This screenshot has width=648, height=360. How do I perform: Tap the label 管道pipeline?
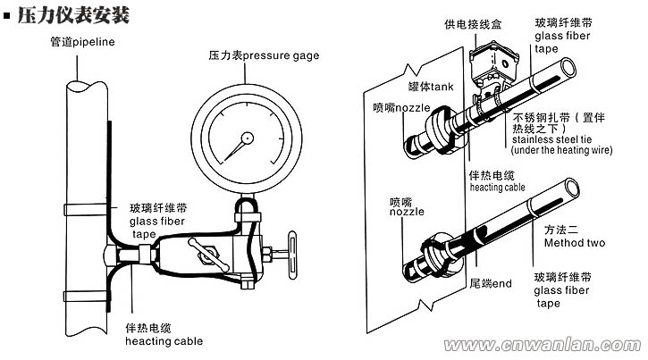[x=83, y=42]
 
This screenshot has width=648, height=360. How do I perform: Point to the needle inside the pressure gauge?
[x=240, y=142]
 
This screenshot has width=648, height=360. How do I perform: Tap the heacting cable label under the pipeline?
[x=164, y=334]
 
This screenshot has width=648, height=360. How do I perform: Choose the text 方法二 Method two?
[x=575, y=235]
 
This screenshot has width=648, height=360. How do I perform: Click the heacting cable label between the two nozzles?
[x=499, y=181]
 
